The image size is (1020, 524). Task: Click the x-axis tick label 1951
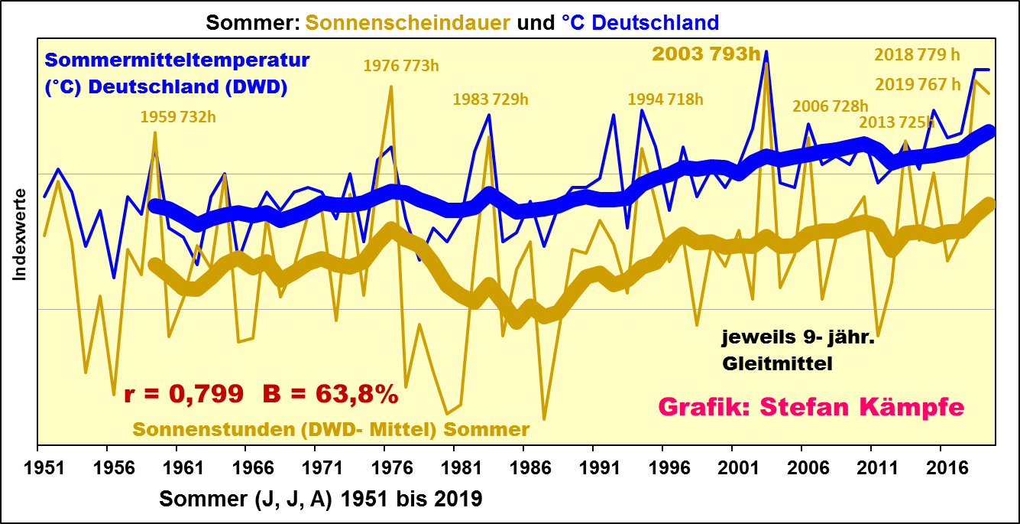click(x=39, y=466)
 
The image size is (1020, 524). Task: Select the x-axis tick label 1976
click(x=385, y=466)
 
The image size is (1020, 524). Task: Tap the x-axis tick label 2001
click(x=732, y=466)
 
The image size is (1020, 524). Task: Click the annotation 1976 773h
click(x=401, y=66)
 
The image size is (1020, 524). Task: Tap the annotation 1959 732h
click(x=178, y=116)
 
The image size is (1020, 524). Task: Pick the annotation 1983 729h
click(x=491, y=99)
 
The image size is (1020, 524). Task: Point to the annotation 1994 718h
click(x=665, y=99)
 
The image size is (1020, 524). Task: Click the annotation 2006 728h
click(x=831, y=106)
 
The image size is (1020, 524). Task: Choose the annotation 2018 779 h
click(x=917, y=54)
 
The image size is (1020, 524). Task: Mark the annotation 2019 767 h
click(x=917, y=84)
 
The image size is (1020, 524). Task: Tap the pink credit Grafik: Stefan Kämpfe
click(x=811, y=407)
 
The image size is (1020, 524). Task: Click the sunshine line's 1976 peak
click(x=391, y=86)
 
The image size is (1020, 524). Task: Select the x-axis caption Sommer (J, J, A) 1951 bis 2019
click(x=321, y=500)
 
